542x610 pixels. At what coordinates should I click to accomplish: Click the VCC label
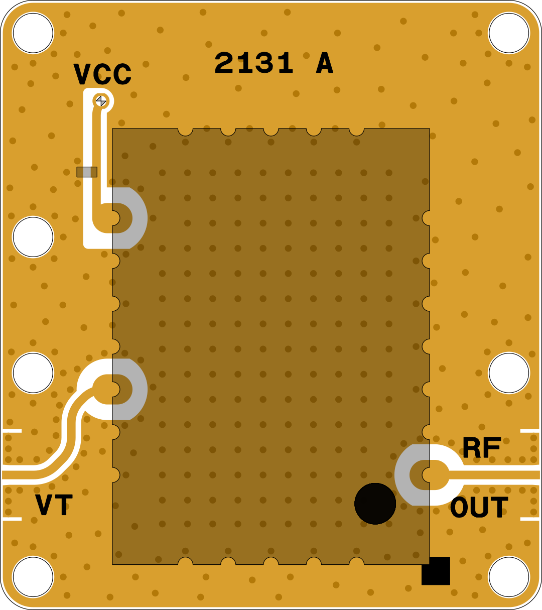pyautogui.click(x=102, y=74)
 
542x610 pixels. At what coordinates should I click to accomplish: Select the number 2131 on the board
pyautogui.click(x=254, y=63)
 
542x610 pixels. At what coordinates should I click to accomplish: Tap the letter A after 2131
pyautogui.click(x=324, y=63)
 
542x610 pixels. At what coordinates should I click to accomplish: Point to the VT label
pyautogui.click(x=54, y=505)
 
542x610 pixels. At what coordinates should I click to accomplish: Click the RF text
pyautogui.click(x=481, y=447)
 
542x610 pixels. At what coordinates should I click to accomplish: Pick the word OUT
pyautogui.click(x=479, y=508)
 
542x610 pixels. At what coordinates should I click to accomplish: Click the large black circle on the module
pyautogui.click(x=375, y=504)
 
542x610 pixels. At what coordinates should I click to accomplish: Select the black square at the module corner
pyautogui.click(x=436, y=571)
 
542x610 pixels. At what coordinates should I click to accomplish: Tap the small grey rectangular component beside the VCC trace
pyautogui.click(x=87, y=172)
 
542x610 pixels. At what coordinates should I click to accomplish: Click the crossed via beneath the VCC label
pyautogui.click(x=101, y=101)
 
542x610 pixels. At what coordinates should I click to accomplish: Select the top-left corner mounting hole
pyautogui.click(x=33, y=33)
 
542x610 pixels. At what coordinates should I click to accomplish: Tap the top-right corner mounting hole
pyautogui.click(x=509, y=33)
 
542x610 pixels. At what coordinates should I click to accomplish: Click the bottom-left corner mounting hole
pyautogui.click(x=33, y=577)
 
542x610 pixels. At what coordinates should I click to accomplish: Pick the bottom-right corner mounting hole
pyautogui.click(x=509, y=577)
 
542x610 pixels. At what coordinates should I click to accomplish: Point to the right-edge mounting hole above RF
pyautogui.click(x=509, y=373)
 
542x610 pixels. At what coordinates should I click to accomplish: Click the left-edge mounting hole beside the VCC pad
pyautogui.click(x=33, y=237)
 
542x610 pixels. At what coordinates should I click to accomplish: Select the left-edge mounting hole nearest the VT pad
pyautogui.click(x=33, y=373)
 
